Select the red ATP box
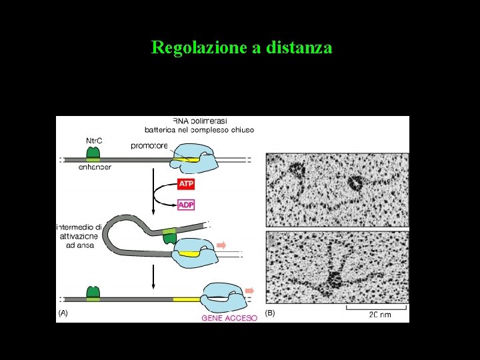[x=186, y=183]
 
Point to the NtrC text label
[x=95, y=141]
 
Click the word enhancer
[x=94, y=167]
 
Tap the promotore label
[x=149, y=145]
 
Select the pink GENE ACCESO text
[x=229, y=318]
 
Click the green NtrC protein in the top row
[x=94, y=153]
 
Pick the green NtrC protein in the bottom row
[x=93, y=293]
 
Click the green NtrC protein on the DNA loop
[x=170, y=234]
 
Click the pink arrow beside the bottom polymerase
[x=250, y=291]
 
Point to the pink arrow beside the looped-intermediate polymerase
[x=221, y=245]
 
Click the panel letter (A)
[x=63, y=312]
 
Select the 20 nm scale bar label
[x=381, y=315]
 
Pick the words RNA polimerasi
[x=200, y=121]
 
